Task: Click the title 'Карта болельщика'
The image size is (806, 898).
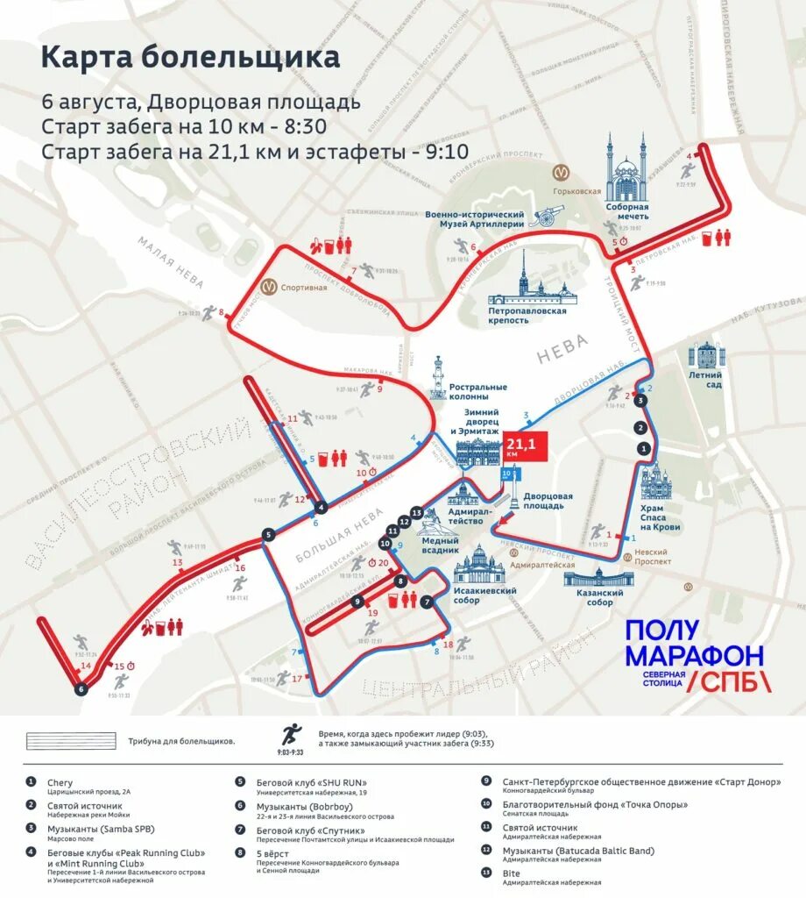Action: click(190, 58)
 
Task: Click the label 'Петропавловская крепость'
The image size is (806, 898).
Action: click(527, 316)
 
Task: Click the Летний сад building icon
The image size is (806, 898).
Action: click(705, 357)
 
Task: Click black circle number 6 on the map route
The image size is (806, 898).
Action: click(81, 689)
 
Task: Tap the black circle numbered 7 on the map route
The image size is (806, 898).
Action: click(427, 602)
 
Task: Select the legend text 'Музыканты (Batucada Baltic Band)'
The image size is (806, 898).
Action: click(578, 851)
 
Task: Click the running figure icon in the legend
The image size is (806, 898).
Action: click(289, 733)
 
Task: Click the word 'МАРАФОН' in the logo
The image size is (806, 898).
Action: click(694, 655)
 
